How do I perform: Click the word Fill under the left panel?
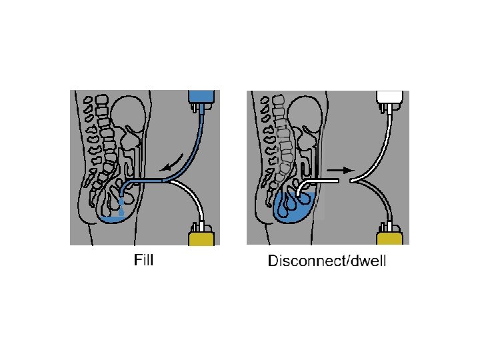point(144,260)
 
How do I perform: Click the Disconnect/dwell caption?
point(327,261)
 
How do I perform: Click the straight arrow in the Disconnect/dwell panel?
point(339,170)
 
